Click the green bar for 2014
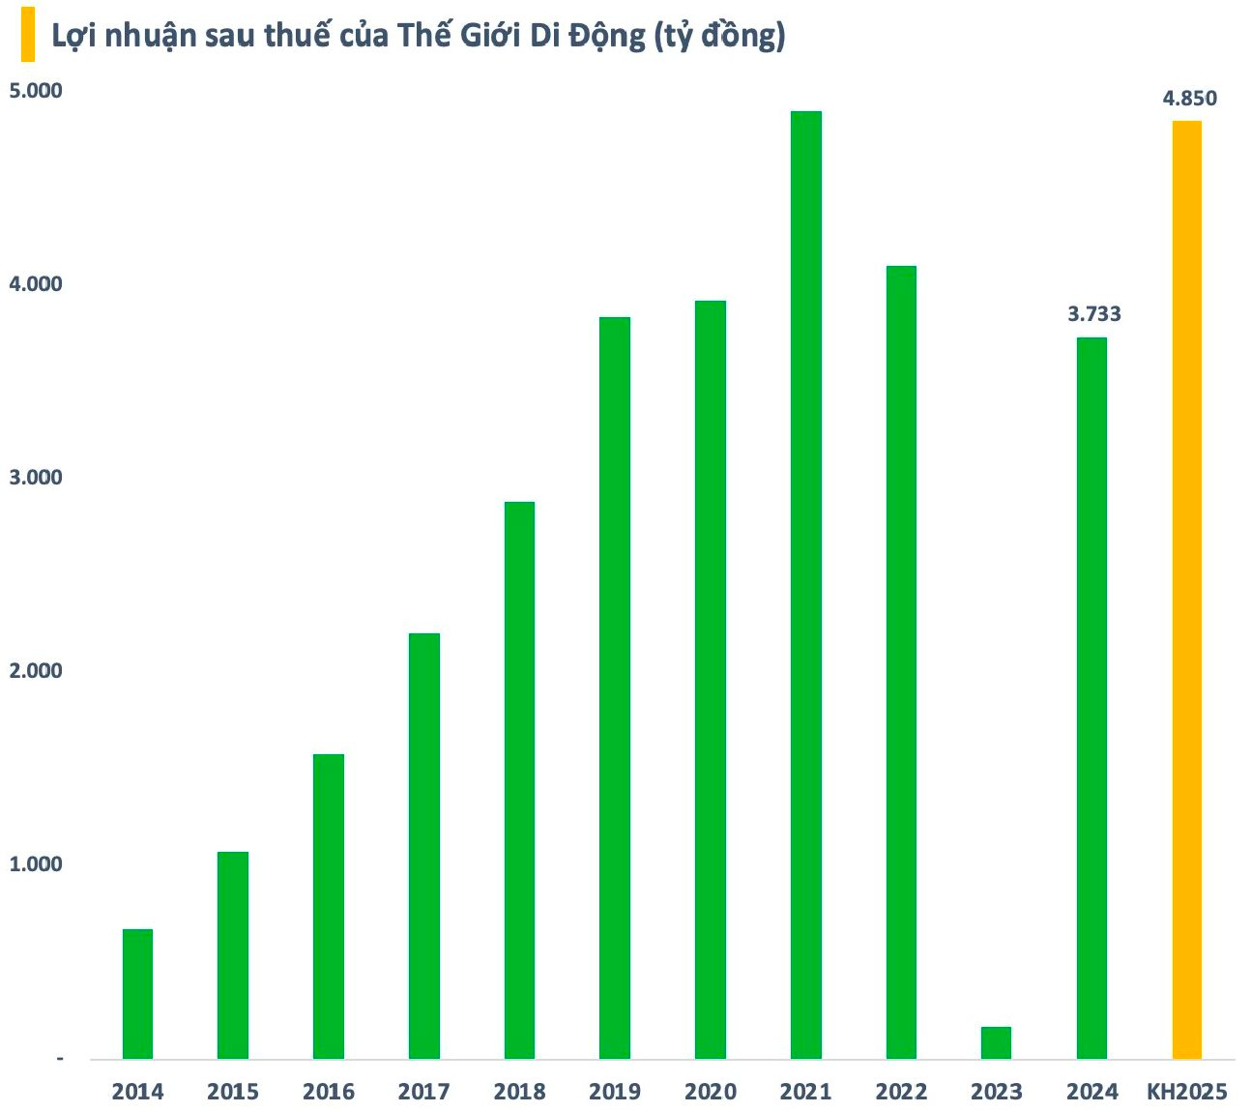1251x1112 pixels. coord(137,993)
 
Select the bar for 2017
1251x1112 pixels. coord(423,845)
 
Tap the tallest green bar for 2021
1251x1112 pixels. coord(805,584)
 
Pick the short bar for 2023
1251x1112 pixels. coord(996,1042)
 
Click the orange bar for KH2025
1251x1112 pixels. coord(1186,589)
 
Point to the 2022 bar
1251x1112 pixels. coord(901,661)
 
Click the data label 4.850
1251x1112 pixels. coord(1189,98)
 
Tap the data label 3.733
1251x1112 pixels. coord(1093,314)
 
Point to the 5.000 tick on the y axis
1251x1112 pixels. coord(35,91)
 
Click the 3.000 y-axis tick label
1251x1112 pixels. coord(35,478)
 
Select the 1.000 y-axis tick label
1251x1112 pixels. coord(35,864)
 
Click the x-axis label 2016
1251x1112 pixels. coord(329,1092)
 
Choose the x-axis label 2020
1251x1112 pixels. coord(711,1092)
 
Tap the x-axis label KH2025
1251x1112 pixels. coord(1186,1092)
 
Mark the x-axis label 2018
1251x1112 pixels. coord(519,1092)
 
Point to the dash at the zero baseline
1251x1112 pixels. coord(60,1060)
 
